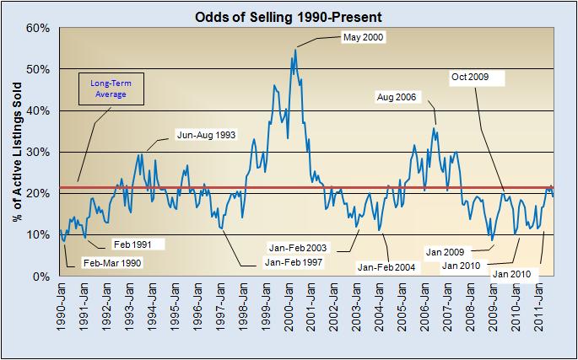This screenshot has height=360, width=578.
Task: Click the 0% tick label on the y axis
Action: click(x=42, y=277)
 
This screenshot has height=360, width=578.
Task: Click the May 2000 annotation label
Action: click(x=361, y=36)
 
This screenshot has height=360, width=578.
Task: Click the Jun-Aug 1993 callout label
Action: click(x=205, y=134)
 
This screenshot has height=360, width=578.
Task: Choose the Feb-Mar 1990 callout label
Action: click(x=111, y=262)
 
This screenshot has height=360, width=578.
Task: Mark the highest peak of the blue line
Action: click(x=294, y=49)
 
